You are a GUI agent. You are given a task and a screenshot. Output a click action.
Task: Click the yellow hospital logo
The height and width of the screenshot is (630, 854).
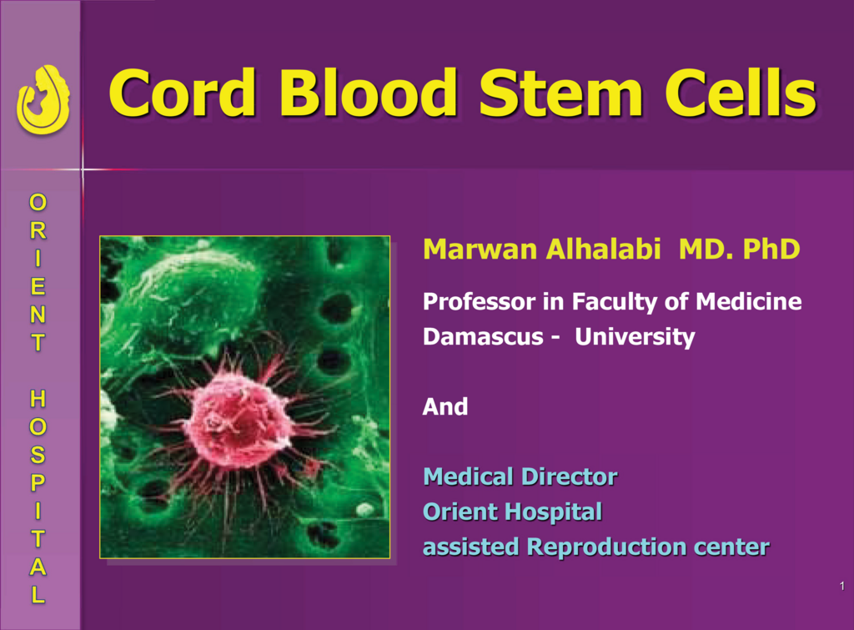[43, 100]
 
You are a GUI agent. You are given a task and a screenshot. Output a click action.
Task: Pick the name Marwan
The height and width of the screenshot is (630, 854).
[480, 249]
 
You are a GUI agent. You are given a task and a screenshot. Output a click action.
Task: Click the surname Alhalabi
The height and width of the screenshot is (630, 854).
[604, 249]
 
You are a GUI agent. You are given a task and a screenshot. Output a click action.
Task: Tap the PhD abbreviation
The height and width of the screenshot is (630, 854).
[771, 249]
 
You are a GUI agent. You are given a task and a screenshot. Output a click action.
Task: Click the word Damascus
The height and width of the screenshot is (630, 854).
[483, 336]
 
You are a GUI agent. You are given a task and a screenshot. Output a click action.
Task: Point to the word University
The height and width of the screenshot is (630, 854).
[635, 337]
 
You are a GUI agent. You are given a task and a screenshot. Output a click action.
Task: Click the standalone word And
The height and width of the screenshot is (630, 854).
[445, 406]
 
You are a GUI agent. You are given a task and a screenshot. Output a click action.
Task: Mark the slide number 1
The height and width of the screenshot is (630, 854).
[842, 586]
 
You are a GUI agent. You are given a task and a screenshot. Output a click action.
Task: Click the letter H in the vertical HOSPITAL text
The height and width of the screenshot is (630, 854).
[38, 399]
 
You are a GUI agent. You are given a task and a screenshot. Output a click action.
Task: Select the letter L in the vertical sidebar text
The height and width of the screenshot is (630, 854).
[38, 595]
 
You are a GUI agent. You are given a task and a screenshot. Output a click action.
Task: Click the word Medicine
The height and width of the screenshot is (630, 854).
[748, 301]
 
